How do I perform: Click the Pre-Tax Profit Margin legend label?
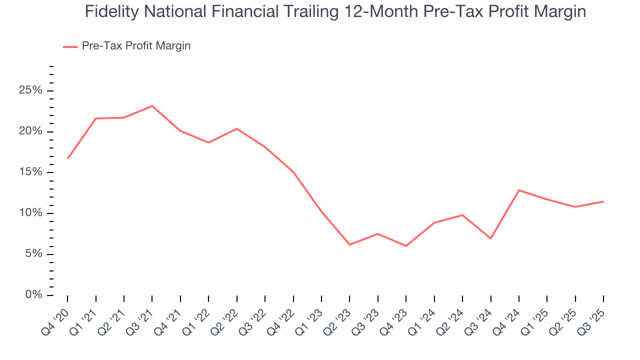pos(136,46)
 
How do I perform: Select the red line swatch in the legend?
pos(70,46)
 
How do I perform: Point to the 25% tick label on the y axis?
pos(30,91)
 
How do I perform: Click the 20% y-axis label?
pos(30,132)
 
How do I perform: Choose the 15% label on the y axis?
pos(30,172)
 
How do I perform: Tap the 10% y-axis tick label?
pos(30,213)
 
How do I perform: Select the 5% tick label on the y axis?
pos(33,254)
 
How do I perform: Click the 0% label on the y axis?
pos(33,295)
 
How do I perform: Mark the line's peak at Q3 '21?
pos(152,106)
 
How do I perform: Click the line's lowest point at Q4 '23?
pos(406,246)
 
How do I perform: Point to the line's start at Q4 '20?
pos(67,158)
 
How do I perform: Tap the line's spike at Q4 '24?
pos(519,190)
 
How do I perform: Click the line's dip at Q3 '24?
pos(490,238)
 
